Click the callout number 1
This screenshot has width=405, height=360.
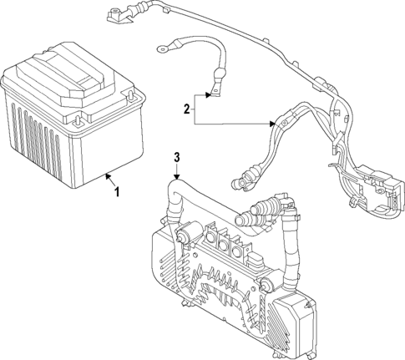pos(117,192)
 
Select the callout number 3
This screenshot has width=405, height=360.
pos(176,158)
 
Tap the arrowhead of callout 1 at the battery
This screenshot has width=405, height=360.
pos(108,175)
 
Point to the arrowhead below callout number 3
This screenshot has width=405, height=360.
pos(176,176)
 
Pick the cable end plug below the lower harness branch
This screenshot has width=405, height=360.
pos(246,179)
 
